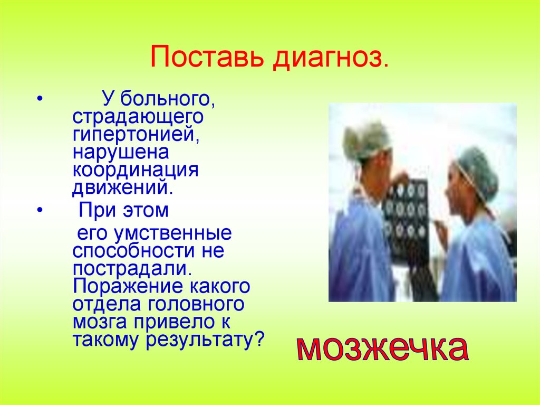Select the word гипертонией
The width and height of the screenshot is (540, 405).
tap(136, 134)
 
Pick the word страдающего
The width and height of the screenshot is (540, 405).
tap(138, 116)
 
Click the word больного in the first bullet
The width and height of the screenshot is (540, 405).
tap(168, 98)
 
